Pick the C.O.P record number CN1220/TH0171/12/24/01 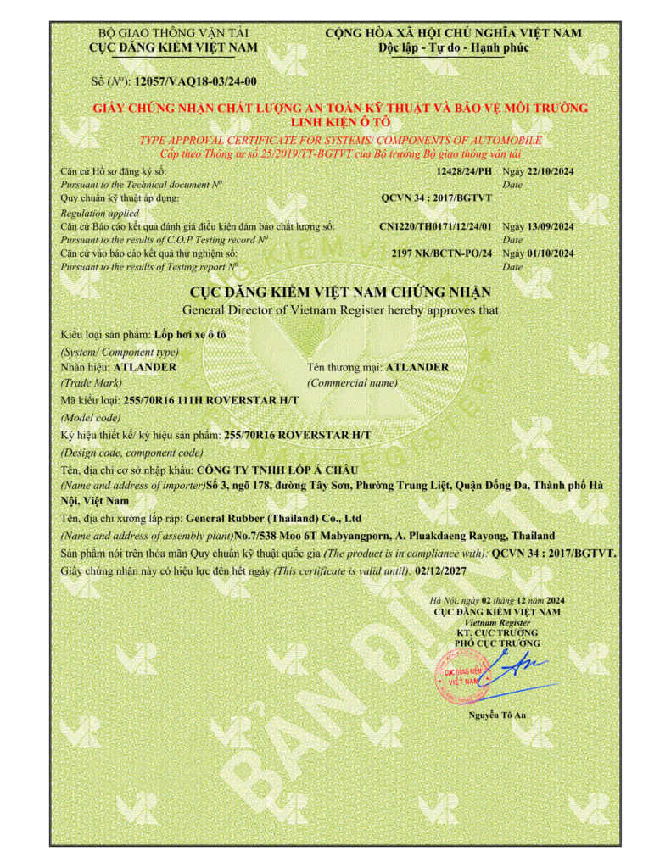[x=436, y=226]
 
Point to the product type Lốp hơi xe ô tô [x=196, y=334]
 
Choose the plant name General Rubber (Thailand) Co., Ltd [x=274, y=517]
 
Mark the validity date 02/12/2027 [x=441, y=570]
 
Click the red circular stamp [x=458, y=675]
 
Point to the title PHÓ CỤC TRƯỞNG [x=497, y=643]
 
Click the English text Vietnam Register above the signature [x=497, y=621]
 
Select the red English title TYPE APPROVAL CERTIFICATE [x=339, y=140]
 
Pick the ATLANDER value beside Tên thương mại [x=417, y=367]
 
